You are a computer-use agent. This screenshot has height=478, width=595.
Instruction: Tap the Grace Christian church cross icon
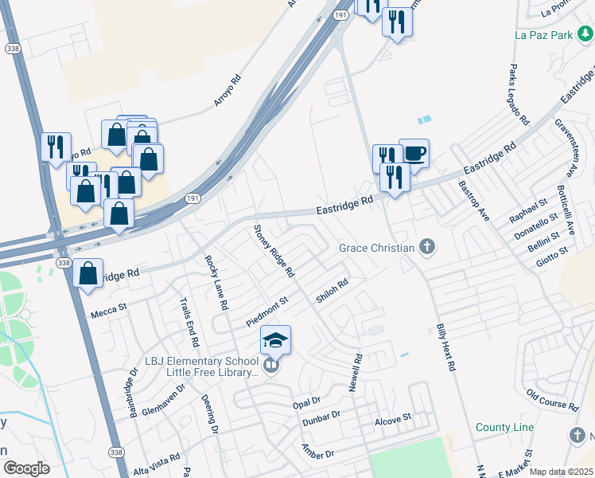(427, 247)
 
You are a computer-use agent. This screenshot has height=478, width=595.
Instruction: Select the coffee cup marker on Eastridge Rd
(414, 152)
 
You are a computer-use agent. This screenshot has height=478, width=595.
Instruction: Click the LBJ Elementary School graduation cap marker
(275, 340)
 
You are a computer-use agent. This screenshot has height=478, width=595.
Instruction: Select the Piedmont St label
(266, 311)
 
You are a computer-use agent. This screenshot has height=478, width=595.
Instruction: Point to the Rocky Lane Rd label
(216, 282)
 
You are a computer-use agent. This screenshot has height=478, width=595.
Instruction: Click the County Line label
(505, 428)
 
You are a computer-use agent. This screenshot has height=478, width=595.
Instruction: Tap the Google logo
(26, 468)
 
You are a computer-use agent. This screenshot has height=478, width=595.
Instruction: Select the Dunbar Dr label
(321, 416)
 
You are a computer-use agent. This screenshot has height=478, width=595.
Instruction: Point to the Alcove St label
(393, 417)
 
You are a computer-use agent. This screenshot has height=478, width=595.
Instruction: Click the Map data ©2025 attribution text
(561, 472)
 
